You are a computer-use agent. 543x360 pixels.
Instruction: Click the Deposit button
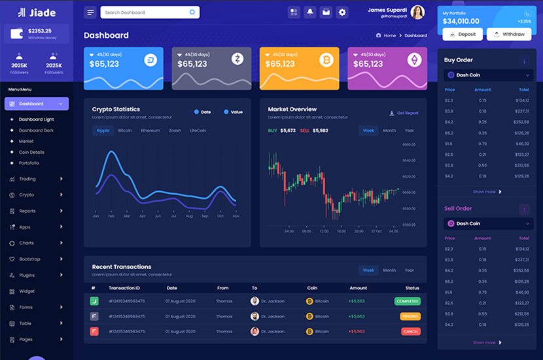tap(463, 34)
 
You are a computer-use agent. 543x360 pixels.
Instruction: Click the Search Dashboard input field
tap(150, 12)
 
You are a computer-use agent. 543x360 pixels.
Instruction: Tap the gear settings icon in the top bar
tap(342, 12)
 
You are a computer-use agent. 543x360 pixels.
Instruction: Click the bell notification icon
tap(309, 12)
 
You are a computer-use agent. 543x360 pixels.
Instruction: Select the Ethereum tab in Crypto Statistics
tap(150, 130)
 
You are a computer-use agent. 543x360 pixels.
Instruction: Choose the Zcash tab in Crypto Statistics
tap(175, 130)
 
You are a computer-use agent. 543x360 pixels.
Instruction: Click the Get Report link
tap(404, 113)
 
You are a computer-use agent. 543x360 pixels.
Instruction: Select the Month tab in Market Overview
tap(389, 130)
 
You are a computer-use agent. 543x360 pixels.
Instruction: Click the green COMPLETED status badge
tap(407, 301)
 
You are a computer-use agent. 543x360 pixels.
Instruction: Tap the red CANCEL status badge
tap(410, 331)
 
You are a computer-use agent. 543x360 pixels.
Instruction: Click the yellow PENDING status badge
tap(410, 316)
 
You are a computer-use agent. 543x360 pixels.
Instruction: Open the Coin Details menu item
tap(31, 152)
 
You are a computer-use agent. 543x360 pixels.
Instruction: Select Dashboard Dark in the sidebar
tap(36, 130)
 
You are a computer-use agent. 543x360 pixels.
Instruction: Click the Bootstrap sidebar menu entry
tap(30, 259)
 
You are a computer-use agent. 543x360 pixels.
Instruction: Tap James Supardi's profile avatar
tap(418, 12)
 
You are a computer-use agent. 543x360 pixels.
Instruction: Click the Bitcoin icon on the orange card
tap(326, 60)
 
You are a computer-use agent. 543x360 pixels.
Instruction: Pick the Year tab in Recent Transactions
tap(410, 270)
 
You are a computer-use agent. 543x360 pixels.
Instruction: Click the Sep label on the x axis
tap(205, 216)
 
